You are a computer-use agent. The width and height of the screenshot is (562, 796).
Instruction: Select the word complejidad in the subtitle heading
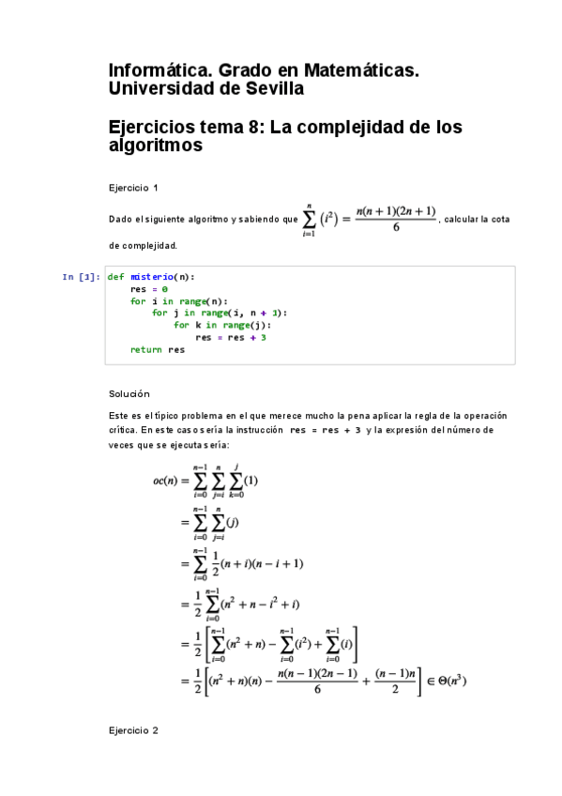pos(359,127)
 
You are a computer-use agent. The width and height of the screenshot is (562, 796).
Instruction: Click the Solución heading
pos(129,393)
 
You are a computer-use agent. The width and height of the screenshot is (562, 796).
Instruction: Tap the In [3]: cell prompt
pos(81,277)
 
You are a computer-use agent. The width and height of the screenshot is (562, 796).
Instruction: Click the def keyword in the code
pos(115,277)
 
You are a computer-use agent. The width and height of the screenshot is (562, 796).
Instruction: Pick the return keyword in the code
pos(147,349)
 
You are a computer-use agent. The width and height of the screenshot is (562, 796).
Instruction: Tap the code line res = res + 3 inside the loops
pos(231,337)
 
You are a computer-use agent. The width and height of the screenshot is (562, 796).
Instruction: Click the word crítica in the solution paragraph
pos(122,430)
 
